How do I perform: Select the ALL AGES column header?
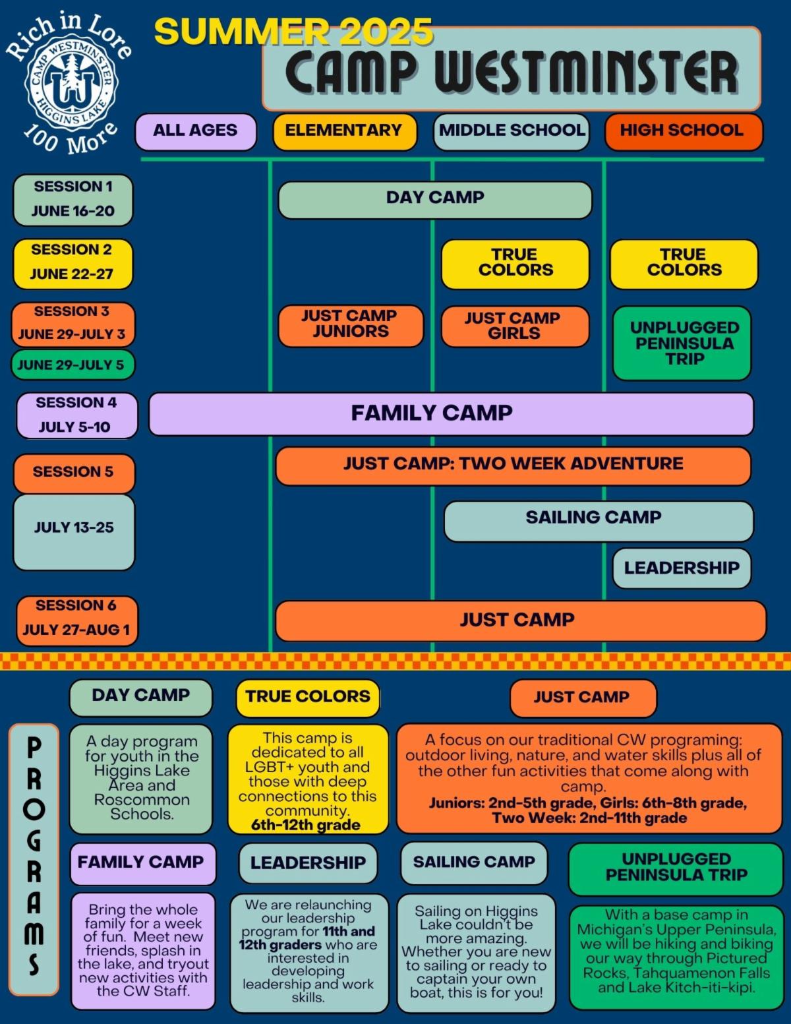[195, 131]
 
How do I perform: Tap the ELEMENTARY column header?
[344, 131]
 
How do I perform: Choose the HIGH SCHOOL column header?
[683, 131]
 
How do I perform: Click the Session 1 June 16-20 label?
[73, 199]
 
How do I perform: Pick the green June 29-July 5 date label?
[72, 365]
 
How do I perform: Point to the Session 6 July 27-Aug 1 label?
[76, 618]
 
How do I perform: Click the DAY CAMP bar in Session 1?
[435, 198]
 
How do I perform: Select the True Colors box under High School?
[684, 263]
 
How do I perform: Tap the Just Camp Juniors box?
[350, 324]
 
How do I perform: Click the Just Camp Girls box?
[513, 326]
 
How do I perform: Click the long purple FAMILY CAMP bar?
[451, 413]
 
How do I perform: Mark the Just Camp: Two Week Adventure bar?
[513, 464]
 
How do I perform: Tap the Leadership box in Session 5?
[682, 568]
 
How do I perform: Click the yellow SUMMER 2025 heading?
[293, 32]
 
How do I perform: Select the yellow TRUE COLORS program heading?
[308, 697]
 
